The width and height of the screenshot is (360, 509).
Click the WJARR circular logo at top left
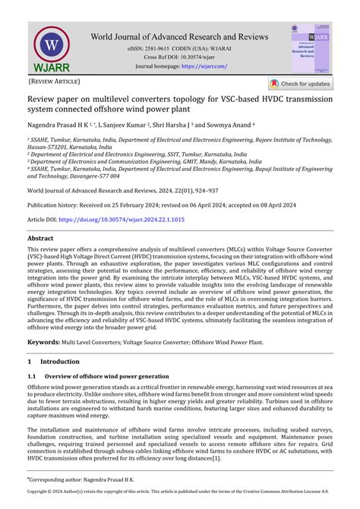(x=52, y=48)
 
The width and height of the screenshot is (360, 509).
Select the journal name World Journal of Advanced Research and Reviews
(x=179, y=36)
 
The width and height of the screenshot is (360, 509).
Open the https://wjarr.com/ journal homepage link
(x=204, y=66)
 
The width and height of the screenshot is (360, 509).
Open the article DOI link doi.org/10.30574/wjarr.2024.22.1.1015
(x=122, y=219)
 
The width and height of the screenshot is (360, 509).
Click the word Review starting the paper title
(x=42, y=99)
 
